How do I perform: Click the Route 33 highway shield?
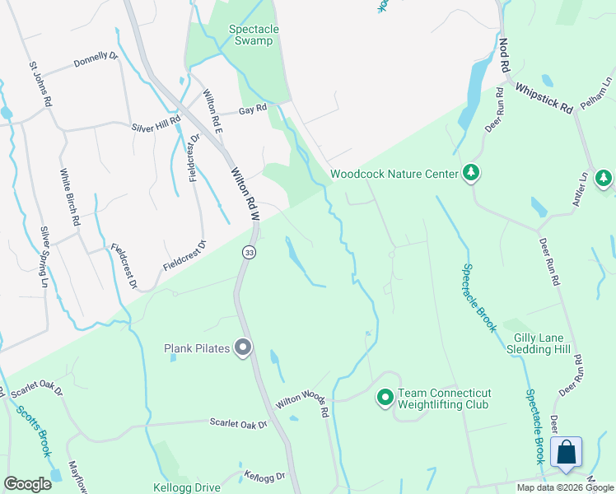247,251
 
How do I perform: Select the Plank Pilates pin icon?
242,348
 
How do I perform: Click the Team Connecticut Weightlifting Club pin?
385,398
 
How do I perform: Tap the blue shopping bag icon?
566,453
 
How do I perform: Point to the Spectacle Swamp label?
254,35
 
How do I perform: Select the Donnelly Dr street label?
96,61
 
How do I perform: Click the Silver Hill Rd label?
156,128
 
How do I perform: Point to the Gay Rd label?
253,109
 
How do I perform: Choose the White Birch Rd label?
69,198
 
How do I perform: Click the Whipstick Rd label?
544,97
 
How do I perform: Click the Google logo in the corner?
27,484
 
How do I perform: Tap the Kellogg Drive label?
187,487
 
